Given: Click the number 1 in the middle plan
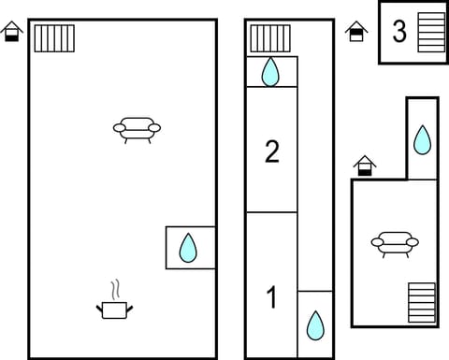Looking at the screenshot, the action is (x=271, y=298).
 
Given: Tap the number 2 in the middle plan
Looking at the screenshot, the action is (x=271, y=151).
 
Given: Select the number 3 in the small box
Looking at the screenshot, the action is (x=399, y=32).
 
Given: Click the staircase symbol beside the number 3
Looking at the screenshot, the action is (x=431, y=32).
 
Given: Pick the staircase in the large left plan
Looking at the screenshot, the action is (x=54, y=38).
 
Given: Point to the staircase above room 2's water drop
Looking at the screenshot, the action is (x=269, y=38).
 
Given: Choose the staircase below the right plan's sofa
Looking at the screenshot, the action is (x=422, y=303).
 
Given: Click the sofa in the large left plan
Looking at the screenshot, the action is (x=137, y=128).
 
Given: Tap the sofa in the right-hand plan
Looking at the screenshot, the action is (x=394, y=243).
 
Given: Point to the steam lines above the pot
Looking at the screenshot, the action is (x=115, y=287).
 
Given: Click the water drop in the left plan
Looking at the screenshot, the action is (x=189, y=248).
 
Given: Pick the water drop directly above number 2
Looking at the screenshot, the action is (x=270, y=71).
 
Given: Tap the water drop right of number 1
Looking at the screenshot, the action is (x=315, y=325).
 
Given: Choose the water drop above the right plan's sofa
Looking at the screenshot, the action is (x=422, y=139).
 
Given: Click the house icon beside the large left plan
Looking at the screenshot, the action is (x=12, y=33).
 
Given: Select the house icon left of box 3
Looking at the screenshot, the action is (x=356, y=33).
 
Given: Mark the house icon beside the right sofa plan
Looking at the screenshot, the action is (x=365, y=166).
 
